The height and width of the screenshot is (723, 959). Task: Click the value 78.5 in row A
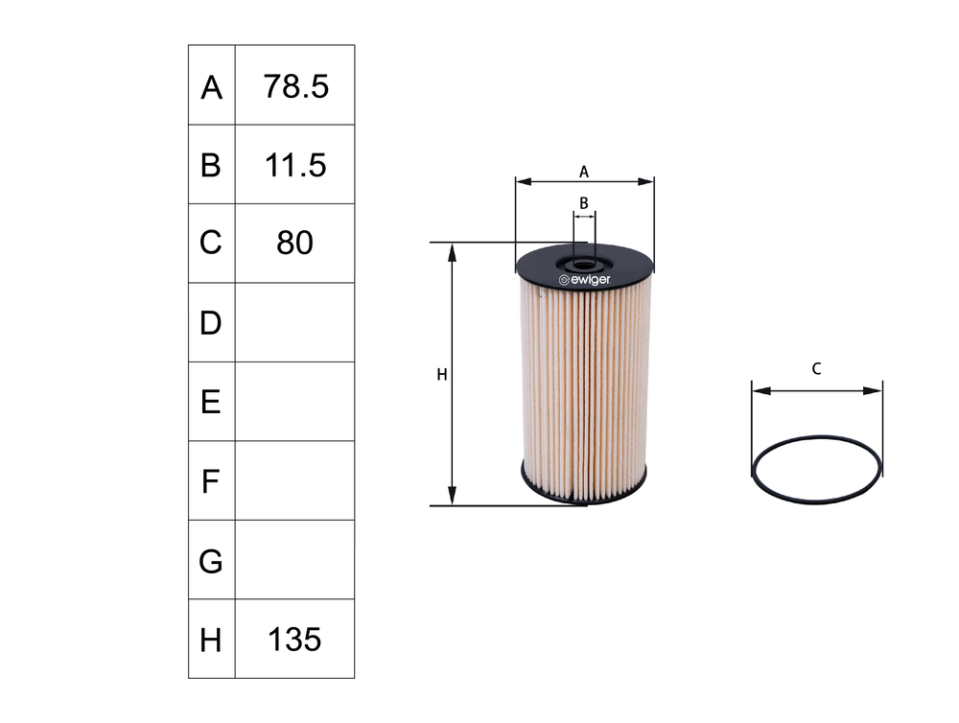[x=294, y=86]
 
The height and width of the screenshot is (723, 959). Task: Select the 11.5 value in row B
[x=294, y=165]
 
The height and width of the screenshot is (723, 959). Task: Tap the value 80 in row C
[x=294, y=244]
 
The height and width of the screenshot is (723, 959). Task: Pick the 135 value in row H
[x=294, y=639]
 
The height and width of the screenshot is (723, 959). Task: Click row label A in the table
[x=211, y=88]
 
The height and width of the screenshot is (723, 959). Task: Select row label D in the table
[x=211, y=323]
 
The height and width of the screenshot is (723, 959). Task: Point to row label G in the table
[x=211, y=561]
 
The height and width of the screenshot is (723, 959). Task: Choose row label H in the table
[x=211, y=640]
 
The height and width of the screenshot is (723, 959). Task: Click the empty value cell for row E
[x=294, y=402]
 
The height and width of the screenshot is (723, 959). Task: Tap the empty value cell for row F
[x=294, y=480]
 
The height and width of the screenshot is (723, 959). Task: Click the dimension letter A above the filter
[x=584, y=172]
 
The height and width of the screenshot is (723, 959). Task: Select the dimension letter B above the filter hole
[x=583, y=203]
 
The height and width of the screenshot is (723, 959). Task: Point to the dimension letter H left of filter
[x=442, y=375]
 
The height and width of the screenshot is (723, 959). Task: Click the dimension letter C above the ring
[x=816, y=368]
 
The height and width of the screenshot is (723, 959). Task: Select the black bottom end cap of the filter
[x=584, y=483]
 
